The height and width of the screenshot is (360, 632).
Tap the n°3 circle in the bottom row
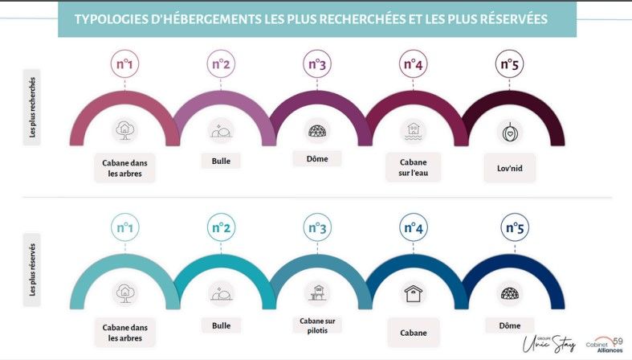pos(316,228)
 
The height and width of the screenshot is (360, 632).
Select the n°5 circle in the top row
pos(509,64)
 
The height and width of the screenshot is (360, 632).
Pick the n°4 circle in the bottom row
pos(413,228)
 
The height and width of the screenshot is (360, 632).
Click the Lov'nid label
pos(509,169)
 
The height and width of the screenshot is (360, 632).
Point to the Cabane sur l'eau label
pos(413,167)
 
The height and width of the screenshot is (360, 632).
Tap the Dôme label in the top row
pos(316,159)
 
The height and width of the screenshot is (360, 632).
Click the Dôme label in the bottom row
pos(509,325)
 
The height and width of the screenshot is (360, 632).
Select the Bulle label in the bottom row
pos(221,326)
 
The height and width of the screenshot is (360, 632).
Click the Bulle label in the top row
pos(221,161)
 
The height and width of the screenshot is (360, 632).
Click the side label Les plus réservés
pos(32,270)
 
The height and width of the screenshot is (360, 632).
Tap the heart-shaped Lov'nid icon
pos(509,131)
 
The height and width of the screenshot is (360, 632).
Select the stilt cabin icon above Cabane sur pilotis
pos(316,292)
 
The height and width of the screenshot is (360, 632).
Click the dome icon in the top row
pos(316,130)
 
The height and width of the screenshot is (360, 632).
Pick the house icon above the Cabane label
pos(413,293)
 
